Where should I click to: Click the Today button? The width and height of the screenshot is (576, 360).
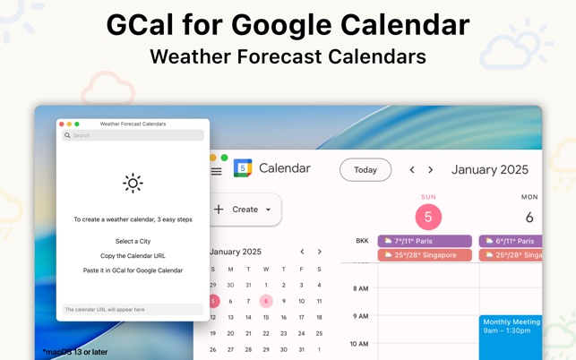(365, 170)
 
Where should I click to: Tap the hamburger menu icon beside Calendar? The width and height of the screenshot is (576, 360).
(216, 170)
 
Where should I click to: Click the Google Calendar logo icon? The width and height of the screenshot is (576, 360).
(243, 168)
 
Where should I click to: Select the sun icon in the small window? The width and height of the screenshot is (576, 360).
(133, 184)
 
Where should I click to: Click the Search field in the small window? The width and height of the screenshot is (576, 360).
(133, 135)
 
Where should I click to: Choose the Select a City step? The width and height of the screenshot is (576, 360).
(133, 241)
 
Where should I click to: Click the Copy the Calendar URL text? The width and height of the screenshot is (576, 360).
(133, 255)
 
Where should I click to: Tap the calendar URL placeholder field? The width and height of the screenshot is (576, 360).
(133, 309)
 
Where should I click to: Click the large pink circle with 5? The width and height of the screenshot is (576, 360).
(428, 217)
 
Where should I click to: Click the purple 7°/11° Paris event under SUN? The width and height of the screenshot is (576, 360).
(425, 241)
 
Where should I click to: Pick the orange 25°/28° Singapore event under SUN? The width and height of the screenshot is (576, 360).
(425, 255)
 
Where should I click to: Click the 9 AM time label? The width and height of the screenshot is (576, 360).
(360, 316)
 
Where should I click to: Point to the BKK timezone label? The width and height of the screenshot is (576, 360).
(362, 241)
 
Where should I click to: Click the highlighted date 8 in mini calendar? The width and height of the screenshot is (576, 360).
(266, 301)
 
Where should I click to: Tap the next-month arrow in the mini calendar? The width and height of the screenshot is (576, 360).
(319, 252)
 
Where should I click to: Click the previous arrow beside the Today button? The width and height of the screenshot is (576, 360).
(412, 170)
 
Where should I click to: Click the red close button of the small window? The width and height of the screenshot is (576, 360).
(62, 124)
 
